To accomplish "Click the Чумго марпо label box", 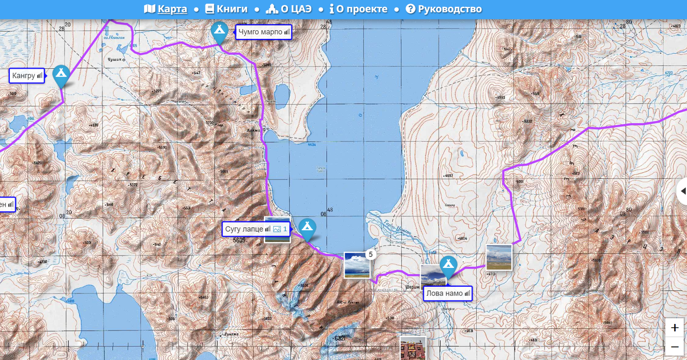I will coord(263,32).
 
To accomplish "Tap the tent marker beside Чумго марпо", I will coord(219,32).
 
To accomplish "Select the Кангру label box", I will coord(27,75).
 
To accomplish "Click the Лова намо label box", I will coord(448,294).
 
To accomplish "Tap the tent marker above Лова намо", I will coord(448,266).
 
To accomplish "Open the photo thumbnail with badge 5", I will coord(356,265).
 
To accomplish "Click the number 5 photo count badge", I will coord(370,254).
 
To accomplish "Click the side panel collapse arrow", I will coord(682,191).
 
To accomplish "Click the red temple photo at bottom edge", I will coord(412,348).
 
